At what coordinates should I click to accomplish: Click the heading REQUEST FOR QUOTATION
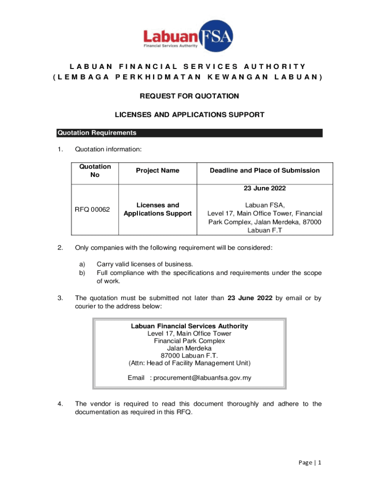click(x=189, y=97)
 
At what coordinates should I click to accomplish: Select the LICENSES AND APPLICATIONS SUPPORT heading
click(x=190, y=115)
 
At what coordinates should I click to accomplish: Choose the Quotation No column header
click(x=95, y=171)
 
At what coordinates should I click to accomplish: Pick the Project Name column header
click(x=157, y=171)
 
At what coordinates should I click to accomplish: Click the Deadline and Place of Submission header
click(x=264, y=171)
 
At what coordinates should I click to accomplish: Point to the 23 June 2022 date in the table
click(x=264, y=188)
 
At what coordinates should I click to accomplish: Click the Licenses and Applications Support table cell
click(x=157, y=209)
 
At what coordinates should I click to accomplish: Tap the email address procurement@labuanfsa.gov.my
click(x=201, y=378)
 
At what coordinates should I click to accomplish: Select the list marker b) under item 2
click(x=82, y=273)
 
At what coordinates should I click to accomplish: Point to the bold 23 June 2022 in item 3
click(x=250, y=299)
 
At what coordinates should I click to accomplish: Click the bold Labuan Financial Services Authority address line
click(x=189, y=326)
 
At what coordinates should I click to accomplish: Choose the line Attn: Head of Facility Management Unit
click(x=189, y=363)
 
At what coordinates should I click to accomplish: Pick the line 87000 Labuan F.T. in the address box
click(x=189, y=356)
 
